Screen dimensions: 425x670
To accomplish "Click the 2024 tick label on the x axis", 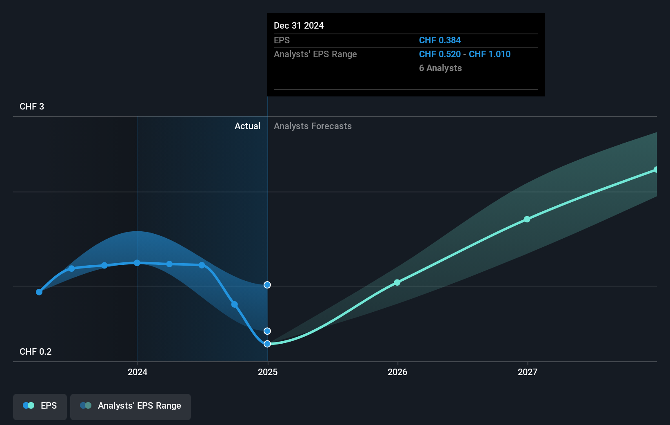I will (x=138, y=372).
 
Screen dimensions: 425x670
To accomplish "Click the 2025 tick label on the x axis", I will (x=268, y=372).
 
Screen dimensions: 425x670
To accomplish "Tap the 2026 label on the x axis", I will (x=397, y=372).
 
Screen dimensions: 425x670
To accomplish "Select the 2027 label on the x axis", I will (x=528, y=372).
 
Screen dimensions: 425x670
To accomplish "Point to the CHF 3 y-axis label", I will (x=32, y=107).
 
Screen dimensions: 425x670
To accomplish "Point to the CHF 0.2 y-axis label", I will (x=35, y=352).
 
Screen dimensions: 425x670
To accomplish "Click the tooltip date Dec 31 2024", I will (x=299, y=26).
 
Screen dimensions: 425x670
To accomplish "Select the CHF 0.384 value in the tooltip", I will (x=439, y=40).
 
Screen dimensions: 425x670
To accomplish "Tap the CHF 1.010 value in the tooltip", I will (x=490, y=54).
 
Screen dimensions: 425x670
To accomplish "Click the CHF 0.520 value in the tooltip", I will (x=439, y=54).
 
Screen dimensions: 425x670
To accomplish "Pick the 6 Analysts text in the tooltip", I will (x=440, y=68).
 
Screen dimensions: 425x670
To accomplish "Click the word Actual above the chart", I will (x=247, y=126).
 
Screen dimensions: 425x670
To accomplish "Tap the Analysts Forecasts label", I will (x=313, y=126).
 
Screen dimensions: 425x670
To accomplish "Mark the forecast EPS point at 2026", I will (x=397, y=282).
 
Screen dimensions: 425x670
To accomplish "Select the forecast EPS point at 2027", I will (x=527, y=219).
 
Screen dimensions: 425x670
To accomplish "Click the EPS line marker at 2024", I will (x=137, y=263).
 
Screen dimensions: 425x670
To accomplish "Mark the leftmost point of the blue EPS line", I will (x=39, y=292).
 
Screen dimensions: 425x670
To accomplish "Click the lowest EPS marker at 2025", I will (x=267, y=344).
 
